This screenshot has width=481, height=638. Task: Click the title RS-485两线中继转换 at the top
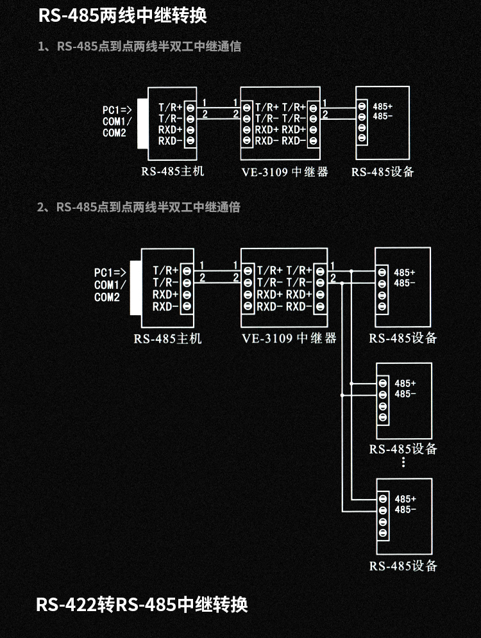tap(122, 15)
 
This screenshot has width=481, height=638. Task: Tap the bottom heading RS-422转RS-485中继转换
tap(142, 604)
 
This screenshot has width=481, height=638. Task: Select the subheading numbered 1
tap(139, 47)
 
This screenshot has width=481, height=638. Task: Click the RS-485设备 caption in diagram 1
tap(383, 172)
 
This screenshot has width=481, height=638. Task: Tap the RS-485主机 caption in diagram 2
tap(167, 338)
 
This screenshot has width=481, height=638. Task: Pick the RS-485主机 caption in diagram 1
tap(173, 172)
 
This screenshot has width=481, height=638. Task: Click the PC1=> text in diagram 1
tap(117, 110)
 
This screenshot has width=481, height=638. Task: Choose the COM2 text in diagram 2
tap(107, 297)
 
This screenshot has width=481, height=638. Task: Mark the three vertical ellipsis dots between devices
tap(403, 462)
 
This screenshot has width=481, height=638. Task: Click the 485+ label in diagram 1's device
tap(382, 106)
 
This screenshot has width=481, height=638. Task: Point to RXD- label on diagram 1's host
tap(170, 140)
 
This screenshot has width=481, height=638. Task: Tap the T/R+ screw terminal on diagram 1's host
tap(190, 107)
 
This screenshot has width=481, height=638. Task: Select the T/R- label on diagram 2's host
tap(165, 282)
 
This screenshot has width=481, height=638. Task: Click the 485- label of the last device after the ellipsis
tap(405, 510)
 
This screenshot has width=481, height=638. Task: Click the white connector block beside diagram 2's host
tap(133, 288)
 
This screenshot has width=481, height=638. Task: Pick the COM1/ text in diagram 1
tap(117, 122)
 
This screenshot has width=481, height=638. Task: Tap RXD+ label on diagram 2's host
tap(165, 294)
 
